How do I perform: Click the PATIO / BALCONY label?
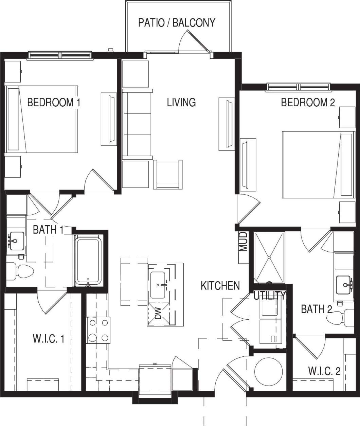(x=177, y=23)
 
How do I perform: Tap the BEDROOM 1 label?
(x=54, y=102)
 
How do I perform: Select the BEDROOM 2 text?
(x=308, y=102)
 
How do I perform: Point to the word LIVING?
(x=181, y=102)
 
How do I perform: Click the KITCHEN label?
(x=220, y=286)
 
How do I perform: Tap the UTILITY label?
(x=270, y=296)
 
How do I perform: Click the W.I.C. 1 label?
(x=49, y=339)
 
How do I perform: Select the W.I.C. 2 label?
(x=324, y=371)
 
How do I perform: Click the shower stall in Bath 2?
(x=269, y=257)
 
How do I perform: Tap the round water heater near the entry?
(x=269, y=372)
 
